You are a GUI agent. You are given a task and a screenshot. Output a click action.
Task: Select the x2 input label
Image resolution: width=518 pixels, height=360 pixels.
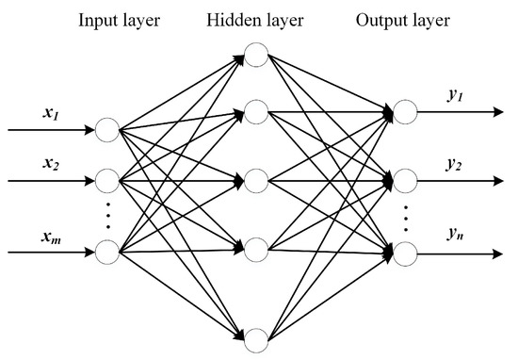[x=51, y=162]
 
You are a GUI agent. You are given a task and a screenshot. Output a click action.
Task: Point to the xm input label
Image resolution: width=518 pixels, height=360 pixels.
[x=51, y=234]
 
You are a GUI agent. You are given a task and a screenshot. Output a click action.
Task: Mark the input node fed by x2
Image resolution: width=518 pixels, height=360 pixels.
[x=107, y=178]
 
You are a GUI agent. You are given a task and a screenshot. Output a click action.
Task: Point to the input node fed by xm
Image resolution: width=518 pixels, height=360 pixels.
[x=107, y=252]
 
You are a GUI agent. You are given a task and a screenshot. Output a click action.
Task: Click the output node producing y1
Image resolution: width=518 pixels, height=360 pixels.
[x=406, y=112]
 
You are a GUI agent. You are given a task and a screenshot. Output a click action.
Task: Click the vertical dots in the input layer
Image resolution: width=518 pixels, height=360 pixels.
[x=107, y=215]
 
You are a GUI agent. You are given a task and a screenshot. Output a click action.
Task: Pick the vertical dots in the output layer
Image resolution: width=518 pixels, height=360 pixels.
[x=406, y=216]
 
